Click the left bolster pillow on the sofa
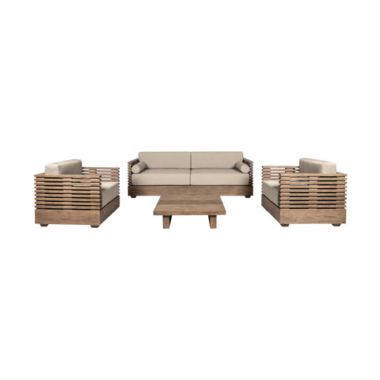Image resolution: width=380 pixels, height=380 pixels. (x=140, y=168)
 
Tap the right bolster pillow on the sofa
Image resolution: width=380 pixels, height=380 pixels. (x=241, y=168)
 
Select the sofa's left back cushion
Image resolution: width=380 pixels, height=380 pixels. (x=165, y=159)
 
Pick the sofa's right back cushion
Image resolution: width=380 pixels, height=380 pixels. (x=217, y=159)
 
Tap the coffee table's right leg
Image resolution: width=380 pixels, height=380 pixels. (x=212, y=222)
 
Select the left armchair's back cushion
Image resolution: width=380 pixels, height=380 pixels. (x=63, y=167)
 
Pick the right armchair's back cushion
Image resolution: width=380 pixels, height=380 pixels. (x=317, y=166)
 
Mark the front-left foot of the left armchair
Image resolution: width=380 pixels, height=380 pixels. (x=44, y=225)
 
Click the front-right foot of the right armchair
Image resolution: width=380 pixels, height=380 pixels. (x=336, y=225)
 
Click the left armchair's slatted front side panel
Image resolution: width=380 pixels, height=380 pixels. (x=67, y=198)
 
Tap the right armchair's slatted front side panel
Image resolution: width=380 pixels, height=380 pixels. (x=313, y=198)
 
